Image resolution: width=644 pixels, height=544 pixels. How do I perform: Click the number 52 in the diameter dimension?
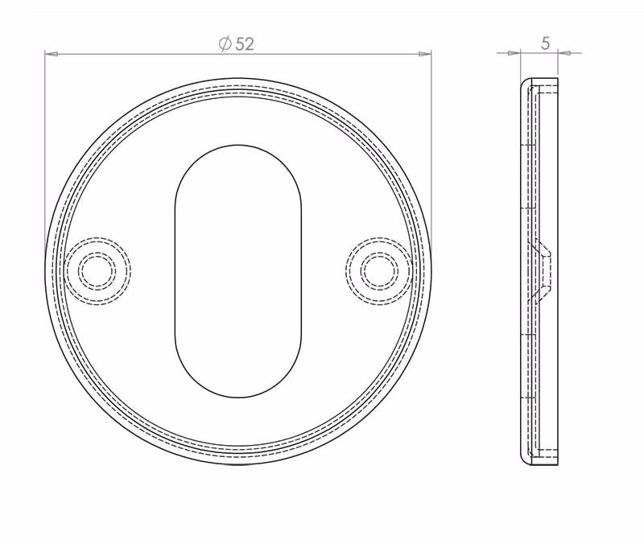pyautogui.click(x=245, y=44)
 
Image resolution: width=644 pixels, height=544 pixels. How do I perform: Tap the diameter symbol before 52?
pyautogui.click(x=225, y=43)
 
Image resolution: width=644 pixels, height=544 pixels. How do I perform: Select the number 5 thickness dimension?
pyautogui.click(x=546, y=43)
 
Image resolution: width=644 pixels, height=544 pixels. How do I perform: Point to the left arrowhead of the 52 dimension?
pyautogui.click(x=51, y=53)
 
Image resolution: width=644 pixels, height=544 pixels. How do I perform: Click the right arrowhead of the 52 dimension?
pyautogui.click(x=425, y=53)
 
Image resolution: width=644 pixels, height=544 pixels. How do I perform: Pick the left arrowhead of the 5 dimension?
pyautogui.click(x=514, y=53)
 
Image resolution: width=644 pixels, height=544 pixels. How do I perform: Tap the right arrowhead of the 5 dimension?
pyautogui.click(x=564, y=53)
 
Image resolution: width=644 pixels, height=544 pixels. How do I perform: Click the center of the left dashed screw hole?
pyautogui.click(x=97, y=271)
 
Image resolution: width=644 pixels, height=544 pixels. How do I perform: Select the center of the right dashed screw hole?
pyautogui.click(x=379, y=271)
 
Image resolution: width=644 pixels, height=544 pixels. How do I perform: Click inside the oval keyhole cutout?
pyautogui.click(x=238, y=271)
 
